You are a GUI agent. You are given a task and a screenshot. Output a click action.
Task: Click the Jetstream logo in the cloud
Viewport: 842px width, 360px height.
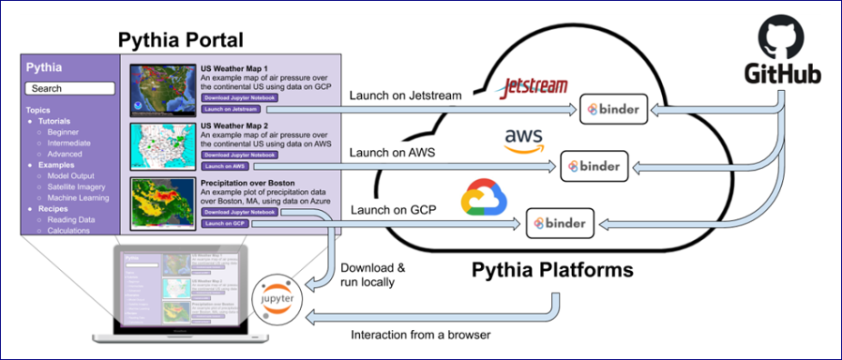point(535,88)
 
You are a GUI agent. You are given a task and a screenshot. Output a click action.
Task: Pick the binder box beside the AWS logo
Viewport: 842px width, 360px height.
point(593,165)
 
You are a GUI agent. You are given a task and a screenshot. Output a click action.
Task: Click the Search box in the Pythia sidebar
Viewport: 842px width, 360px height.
point(70,88)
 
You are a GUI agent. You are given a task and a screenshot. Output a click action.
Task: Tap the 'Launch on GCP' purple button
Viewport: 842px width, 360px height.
point(226,224)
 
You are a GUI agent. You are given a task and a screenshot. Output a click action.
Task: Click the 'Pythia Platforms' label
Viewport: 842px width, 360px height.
point(552,270)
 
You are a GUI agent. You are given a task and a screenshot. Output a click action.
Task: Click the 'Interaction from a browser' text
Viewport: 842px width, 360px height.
point(421,335)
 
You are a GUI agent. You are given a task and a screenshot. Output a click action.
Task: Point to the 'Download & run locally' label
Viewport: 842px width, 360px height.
point(372,275)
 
